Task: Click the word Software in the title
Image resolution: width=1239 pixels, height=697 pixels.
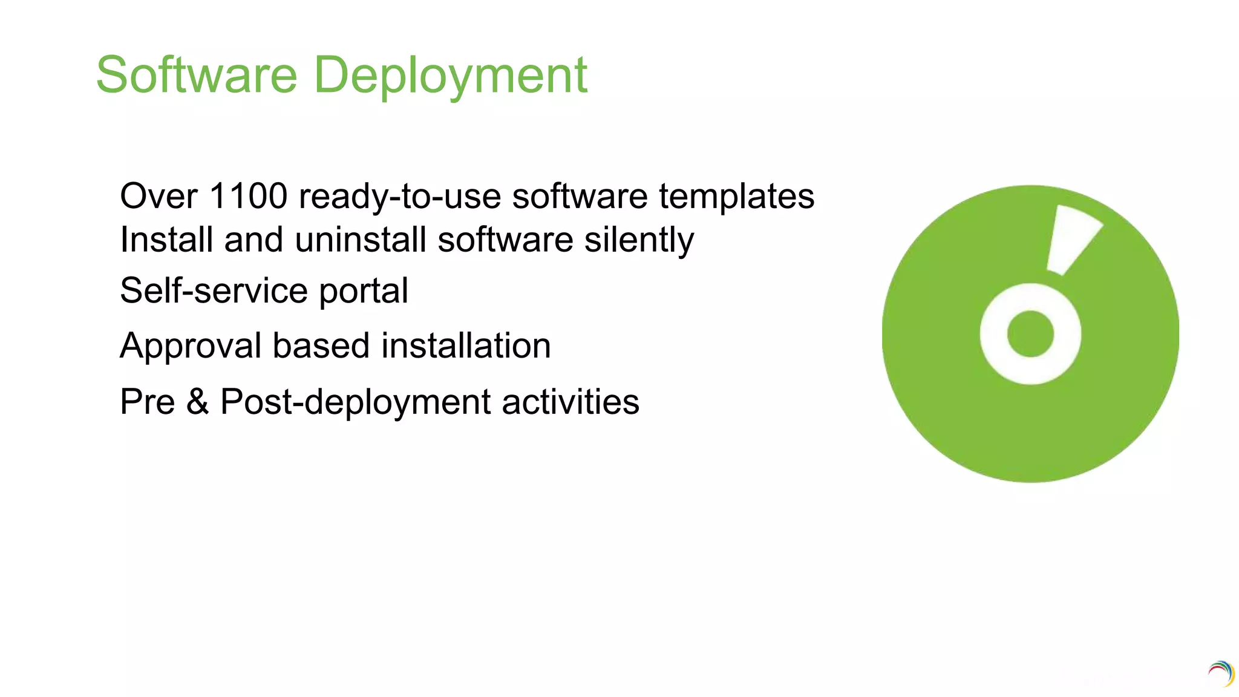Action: [197, 75]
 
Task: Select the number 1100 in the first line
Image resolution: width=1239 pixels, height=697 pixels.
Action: [248, 197]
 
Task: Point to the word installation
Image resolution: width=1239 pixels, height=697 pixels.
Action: [466, 345]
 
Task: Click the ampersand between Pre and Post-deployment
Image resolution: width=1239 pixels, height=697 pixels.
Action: [198, 402]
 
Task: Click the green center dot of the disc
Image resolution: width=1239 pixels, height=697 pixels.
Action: [1030, 334]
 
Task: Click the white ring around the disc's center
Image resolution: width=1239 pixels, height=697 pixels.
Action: [993, 335]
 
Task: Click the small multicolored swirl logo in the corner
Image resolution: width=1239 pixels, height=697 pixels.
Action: [1221, 673]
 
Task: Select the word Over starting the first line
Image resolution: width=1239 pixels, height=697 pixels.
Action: [159, 197]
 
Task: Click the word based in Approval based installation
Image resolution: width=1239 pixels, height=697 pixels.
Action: [321, 345]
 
